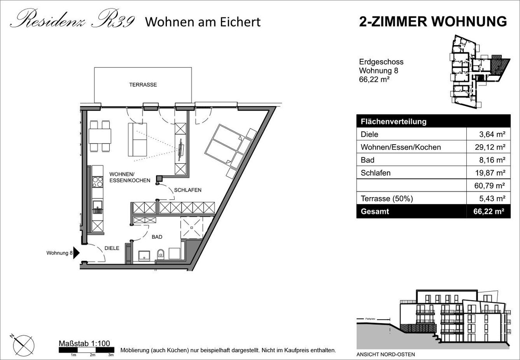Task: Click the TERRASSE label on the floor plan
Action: (143, 85)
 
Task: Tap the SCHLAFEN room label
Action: (188, 190)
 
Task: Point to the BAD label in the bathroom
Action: (157, 237)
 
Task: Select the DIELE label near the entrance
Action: (112, 248)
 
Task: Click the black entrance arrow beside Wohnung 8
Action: (76, 253)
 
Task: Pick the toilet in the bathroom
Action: (160, 254)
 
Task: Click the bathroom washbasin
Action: (144, 256)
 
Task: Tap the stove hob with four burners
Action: (97, 182)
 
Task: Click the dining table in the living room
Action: (100, 136)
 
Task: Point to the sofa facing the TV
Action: (137, 139)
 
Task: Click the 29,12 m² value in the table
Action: (490, 147)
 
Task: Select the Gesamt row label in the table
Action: (375, 211)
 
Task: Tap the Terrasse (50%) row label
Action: (387, 199)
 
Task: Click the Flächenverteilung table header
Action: (393, 122)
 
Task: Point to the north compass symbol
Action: (23, 345)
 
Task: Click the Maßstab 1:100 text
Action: (84, 344)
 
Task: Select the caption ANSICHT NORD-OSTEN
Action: (386, 354)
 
